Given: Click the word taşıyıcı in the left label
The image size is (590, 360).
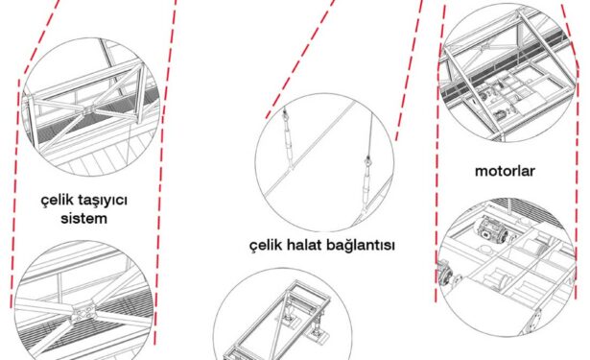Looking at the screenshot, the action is pos(103,201).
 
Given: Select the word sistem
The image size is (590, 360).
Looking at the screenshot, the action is pos(83,219).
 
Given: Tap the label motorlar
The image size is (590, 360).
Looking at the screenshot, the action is pos(505,171).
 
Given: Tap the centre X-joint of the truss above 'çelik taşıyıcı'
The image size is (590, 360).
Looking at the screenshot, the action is pos(87,110).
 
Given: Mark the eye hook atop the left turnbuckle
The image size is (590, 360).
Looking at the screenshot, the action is pos(285,112).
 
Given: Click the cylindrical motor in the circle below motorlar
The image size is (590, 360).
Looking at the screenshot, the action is pos(492,230).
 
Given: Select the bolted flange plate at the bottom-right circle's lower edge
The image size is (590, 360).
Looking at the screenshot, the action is pos(535,321).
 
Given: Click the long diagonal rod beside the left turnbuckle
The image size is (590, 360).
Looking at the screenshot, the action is pos(309,149).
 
